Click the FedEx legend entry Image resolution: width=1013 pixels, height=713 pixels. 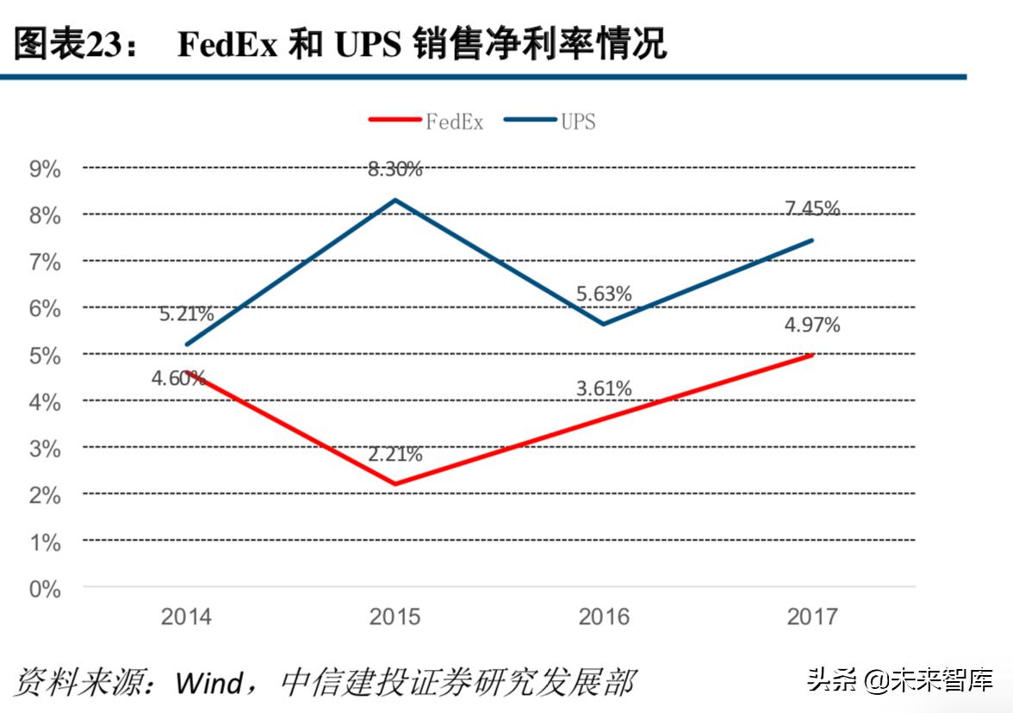coord(427,121)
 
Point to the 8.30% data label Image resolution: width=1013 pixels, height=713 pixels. coord(395,170)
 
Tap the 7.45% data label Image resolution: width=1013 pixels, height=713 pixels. coord(812,208)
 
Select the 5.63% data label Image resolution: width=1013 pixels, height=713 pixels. coord(604,294)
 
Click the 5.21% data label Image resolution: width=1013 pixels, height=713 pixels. coord(186,314)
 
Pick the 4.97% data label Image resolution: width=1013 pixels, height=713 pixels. coord(812,325)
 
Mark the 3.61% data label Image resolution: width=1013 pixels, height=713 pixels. coord(604,389)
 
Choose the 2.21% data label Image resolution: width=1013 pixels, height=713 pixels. coord(395,455)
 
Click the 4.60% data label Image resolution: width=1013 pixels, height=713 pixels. coord(178,378)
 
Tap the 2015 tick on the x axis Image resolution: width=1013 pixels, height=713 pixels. coord(395,617)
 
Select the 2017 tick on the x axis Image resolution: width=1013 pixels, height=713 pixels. coord(812,617)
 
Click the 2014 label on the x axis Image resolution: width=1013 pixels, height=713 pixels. coord(186,617)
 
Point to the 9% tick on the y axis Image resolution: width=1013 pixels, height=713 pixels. coord(45,169)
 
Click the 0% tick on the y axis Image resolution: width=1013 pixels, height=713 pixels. coord(45,590)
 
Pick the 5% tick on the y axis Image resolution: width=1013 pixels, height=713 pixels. coord(45,356)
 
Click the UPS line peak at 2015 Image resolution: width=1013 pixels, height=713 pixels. coord(395,200)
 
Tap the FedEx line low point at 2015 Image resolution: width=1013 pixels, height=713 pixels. coord(395,484)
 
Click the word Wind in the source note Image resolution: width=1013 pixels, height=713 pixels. coord(209,683)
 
